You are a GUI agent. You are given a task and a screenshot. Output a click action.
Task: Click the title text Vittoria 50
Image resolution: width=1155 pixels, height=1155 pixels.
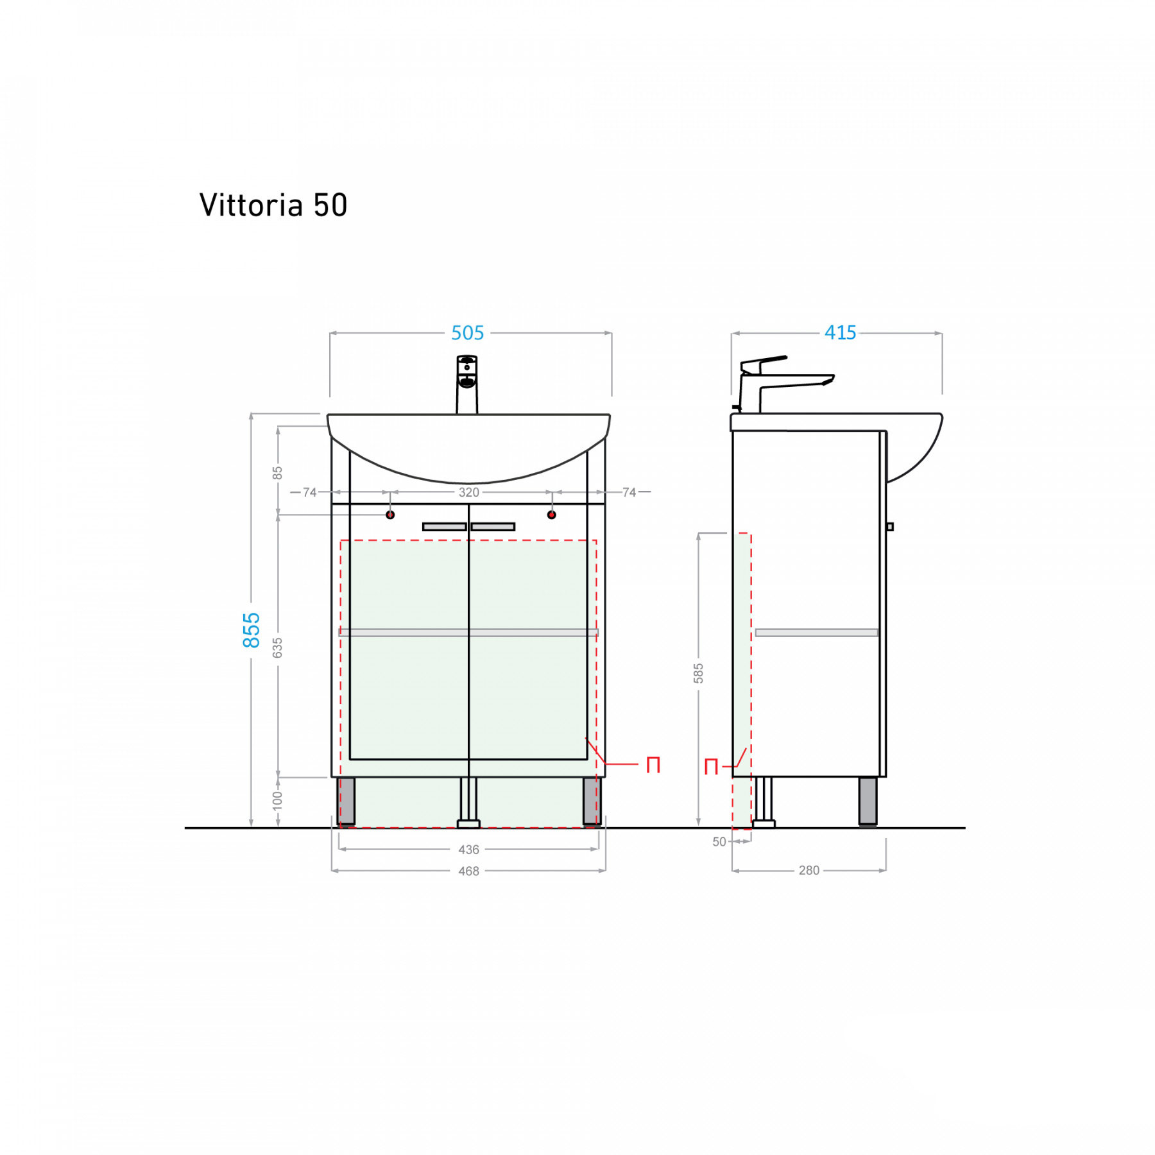coord(273,205)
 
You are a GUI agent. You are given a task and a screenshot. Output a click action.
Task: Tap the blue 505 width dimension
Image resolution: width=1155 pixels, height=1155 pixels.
coord(467,333)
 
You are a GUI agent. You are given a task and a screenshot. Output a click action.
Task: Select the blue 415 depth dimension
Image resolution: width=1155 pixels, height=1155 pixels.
coord(840,332)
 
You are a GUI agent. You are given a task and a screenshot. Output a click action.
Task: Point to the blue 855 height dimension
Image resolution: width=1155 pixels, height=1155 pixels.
coord(252,629)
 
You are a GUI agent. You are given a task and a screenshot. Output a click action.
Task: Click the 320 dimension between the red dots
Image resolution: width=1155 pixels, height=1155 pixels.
coord(468,492)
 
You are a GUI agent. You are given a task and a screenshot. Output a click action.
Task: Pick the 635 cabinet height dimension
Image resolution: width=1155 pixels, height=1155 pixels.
coord(277,647)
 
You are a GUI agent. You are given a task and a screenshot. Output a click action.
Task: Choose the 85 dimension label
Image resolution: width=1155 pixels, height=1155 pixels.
coord(277,473)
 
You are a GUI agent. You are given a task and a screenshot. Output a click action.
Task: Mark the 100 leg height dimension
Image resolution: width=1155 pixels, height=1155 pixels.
coord(277,800)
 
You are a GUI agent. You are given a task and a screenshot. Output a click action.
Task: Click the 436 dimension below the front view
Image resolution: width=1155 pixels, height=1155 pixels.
coord(468,850)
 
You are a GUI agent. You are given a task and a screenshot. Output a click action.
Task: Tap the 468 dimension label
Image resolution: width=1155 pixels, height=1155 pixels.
coord(468,871)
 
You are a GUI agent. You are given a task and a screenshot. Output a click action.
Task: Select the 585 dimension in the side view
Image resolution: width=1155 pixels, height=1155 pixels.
coord(698,673)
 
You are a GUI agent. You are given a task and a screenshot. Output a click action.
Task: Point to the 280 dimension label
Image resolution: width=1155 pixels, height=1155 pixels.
coord(809,871)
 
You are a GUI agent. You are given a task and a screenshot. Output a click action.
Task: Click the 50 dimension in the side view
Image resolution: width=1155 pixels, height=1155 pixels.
coord(719,842)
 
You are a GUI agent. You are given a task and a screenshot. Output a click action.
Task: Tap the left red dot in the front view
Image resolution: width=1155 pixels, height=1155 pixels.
coord(390,515)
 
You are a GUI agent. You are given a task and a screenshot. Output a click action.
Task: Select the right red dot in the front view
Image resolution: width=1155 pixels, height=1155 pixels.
coord(552,515)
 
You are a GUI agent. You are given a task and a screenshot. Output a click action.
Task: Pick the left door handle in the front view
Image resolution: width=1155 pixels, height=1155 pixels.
coord(444,527)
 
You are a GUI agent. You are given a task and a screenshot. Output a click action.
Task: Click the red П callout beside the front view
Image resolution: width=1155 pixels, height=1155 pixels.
coord(653,765)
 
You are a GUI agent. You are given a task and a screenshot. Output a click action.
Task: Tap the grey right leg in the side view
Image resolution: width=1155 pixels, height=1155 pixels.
coord(868,801)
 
